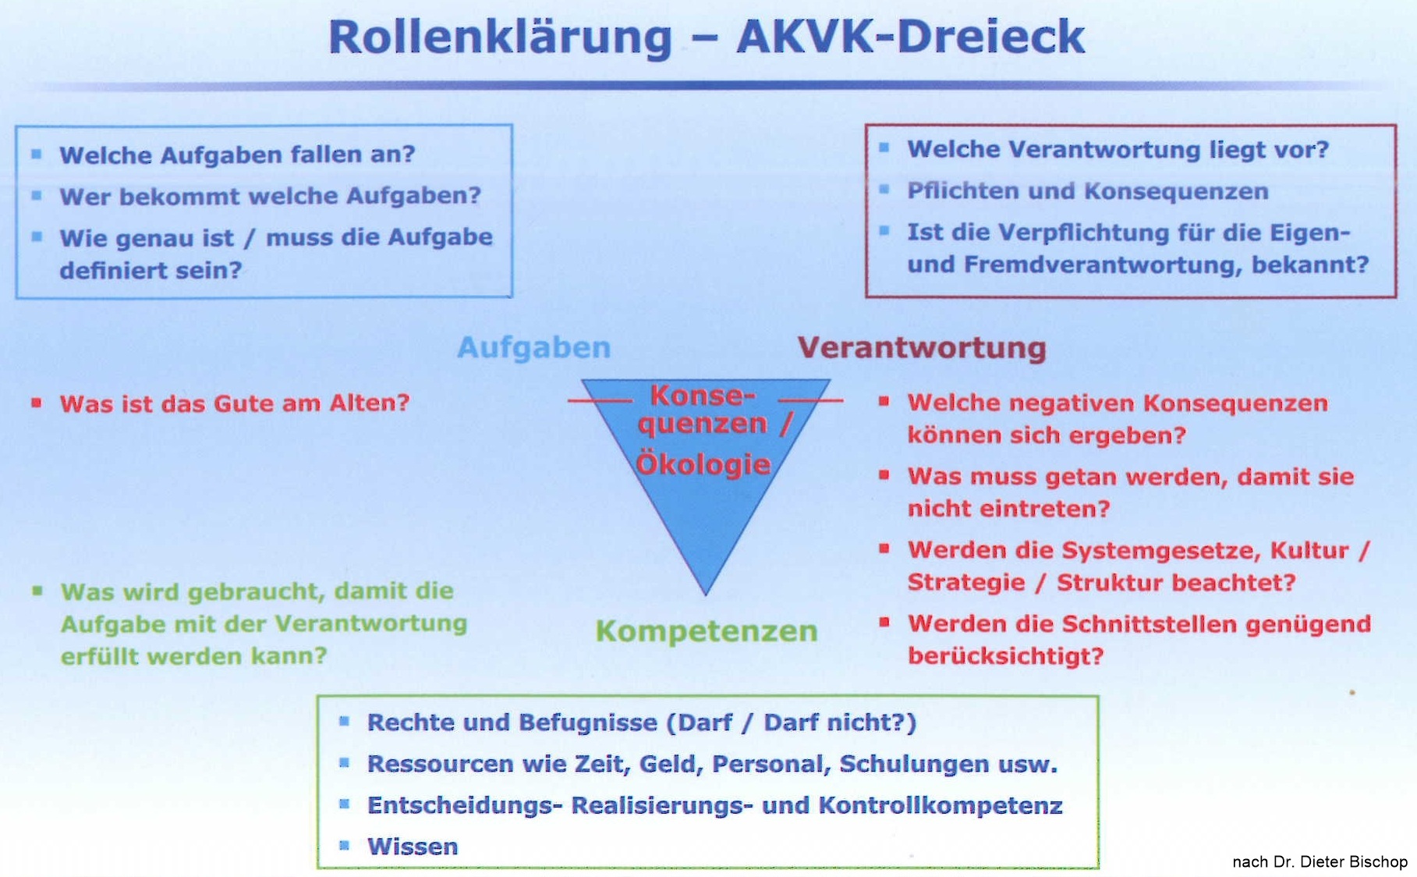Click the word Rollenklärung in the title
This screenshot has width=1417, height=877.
coord(500,37)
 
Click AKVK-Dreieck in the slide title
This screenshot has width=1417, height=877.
coord(911,36)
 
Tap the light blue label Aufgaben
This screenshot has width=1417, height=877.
coord(534,347)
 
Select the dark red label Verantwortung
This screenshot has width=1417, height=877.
coord(922,347)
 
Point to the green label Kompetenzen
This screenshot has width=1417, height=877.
coord(707,630)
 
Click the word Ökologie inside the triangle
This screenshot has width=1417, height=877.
coord(703,463)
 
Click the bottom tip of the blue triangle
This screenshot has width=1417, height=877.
coord(706,595)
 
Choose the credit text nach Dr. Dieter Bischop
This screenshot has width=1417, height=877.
coord(1320,861)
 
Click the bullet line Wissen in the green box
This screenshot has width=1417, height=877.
coord(413,846)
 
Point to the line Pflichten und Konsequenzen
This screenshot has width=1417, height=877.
coord(1088,191)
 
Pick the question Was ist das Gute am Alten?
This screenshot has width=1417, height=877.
coord(235,403)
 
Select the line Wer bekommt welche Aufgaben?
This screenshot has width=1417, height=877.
coord(271,195)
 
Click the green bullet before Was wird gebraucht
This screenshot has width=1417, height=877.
coord(37,591)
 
